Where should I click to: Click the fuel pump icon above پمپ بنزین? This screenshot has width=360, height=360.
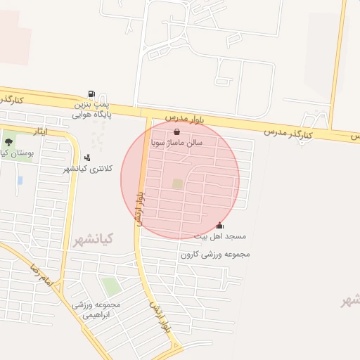coord(91,94)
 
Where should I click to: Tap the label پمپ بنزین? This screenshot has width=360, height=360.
coord(91,103)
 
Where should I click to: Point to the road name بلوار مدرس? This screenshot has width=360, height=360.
coord(185,117)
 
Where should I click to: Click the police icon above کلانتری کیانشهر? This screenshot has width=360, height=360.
coord(87,157)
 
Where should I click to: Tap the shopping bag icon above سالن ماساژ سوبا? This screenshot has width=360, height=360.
coord(176,131)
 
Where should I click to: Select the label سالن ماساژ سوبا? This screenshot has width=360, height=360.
coord(176,142)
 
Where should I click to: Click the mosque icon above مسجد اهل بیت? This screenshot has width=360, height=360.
coord(220,225)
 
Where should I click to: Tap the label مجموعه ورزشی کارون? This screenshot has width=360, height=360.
coord(215,255)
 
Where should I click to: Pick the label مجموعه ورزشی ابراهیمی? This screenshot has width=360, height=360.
coord(96,310)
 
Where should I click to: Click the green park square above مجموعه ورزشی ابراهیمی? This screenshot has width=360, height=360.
coord(110,286)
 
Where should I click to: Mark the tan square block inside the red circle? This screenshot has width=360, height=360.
coord(177,184)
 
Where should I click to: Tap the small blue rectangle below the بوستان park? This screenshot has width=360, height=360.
coord(20,181)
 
